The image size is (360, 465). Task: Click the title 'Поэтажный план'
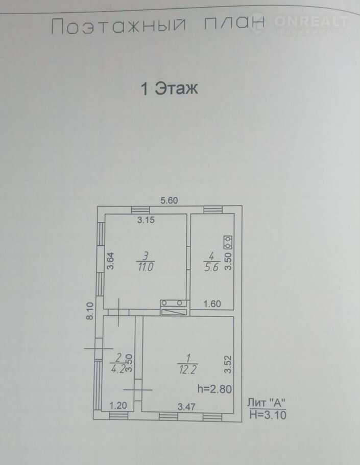click(158, 26)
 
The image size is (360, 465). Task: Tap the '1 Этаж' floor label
click(170, 88)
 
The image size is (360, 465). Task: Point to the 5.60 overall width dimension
click(169, 200)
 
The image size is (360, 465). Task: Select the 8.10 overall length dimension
click(90, 311)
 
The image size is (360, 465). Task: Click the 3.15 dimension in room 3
click(146, 220)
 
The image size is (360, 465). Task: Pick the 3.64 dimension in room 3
click(110, 261)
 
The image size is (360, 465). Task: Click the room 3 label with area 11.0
click(145, 262)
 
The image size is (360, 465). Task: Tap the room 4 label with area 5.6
click(211, 262)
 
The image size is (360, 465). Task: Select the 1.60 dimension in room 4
click(212, 304)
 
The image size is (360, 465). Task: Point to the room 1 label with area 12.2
click(187, 364)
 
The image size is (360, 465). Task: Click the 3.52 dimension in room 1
click(228, 364)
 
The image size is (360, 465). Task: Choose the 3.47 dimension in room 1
click(186, 407)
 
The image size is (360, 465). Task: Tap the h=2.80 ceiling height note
click(214, 389)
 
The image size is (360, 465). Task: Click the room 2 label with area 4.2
click(118, 364)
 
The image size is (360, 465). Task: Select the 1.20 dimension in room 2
click(118, 405)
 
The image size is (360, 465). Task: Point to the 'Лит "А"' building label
click(267, 403)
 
